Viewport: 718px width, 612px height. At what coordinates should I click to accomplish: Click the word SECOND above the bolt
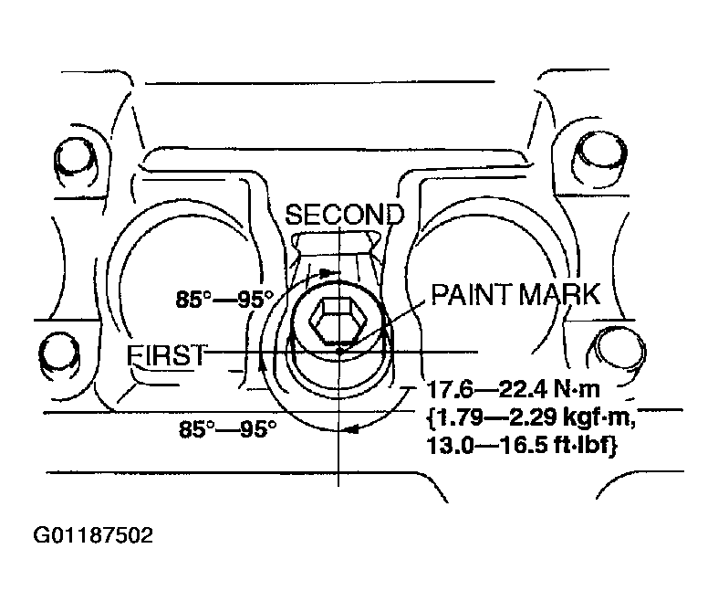pyautogui.click(x=345, y=215)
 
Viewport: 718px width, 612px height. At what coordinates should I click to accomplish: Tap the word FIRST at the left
pyautogui.click(x=166, y=355)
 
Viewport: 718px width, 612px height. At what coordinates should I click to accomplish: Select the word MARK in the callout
pyautogui.click(x=559, y=294)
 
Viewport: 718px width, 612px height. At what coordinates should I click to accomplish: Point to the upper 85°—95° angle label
pyautogui.click(x=224, y=300)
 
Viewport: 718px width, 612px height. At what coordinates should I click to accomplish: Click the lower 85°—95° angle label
pyautogui.click(x=227, y=429)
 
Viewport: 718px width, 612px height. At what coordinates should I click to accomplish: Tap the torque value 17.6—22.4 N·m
pyautogui.click(x=514, y=390)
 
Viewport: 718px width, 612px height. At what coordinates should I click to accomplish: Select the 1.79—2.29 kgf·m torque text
pyautogui.click(x=531, y=417)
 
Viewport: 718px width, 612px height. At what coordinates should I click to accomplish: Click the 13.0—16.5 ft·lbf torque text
pyautogui.click(x=522, y=445)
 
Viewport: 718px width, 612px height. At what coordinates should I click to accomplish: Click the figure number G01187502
pyautogui.click(x=93, y=535)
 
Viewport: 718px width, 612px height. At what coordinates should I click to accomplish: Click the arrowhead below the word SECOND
pyautogui.click(x=326, y=273)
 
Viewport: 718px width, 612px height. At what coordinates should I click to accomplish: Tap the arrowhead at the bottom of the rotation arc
pyautogui.click(x=352, y=430)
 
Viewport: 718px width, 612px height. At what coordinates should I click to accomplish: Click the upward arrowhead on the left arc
pyautogui.click(x=262, y=365)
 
